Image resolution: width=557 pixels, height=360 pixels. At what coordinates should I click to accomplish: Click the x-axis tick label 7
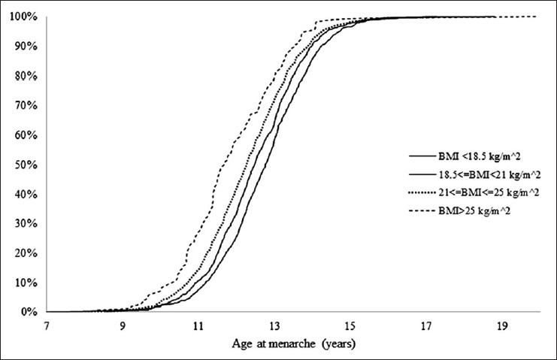(47, 327)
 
